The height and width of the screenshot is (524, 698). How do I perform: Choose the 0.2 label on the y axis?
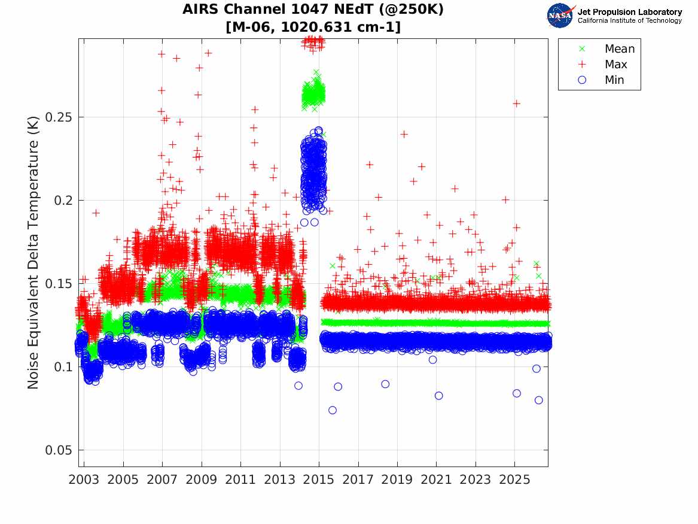click(x=63, y=201)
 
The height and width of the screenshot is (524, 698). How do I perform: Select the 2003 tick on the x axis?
click(x=84, y=480)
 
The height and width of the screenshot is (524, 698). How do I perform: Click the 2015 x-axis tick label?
click(x=319, y=480)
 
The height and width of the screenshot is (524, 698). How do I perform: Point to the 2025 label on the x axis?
click(x=514, y=480)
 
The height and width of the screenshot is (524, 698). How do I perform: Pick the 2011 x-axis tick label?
click(x=240, y=480)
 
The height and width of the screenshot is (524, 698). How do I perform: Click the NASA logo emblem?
click(x=560, y=16)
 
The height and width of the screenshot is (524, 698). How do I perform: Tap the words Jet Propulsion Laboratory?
click(x=629, y=12)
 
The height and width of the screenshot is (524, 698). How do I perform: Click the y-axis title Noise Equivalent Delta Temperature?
click(x=33, y=253)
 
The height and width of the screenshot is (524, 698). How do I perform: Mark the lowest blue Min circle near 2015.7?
click(x=333, y=410)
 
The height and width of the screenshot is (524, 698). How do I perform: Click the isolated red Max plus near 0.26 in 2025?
click(x=516, y=104)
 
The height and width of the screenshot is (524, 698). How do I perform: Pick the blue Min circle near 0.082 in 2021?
click(x=438, y=396)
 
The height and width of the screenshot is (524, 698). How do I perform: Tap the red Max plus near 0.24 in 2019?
click(x=404, y=134)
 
